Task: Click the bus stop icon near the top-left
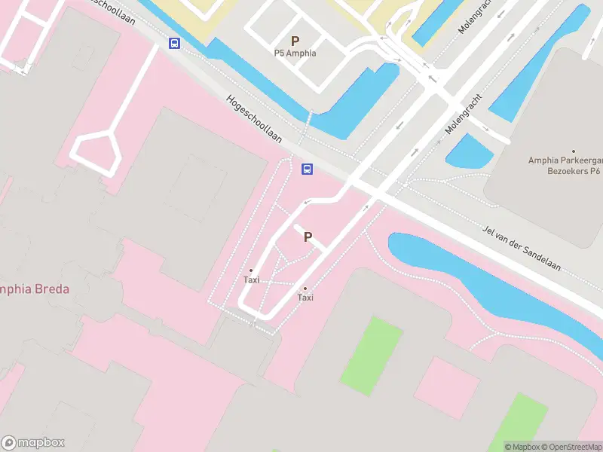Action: (175, 43)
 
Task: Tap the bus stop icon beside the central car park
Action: (308, 169)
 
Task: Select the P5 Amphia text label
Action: (295, 53)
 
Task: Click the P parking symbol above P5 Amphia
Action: (295, 41)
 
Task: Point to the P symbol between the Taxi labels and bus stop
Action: (308, 237)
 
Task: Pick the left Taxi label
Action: (251, 279)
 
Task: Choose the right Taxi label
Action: (305, 297)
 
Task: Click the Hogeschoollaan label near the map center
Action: (253, 118)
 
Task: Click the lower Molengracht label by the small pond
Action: (463, 115)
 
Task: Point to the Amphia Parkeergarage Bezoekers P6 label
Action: (565, 166)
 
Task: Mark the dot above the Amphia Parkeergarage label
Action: (574, 151)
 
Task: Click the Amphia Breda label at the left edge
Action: (34, 289)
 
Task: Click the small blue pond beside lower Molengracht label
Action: (470, 152)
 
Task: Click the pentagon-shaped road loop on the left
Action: (96, 148)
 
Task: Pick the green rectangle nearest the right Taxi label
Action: (372, 355)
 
